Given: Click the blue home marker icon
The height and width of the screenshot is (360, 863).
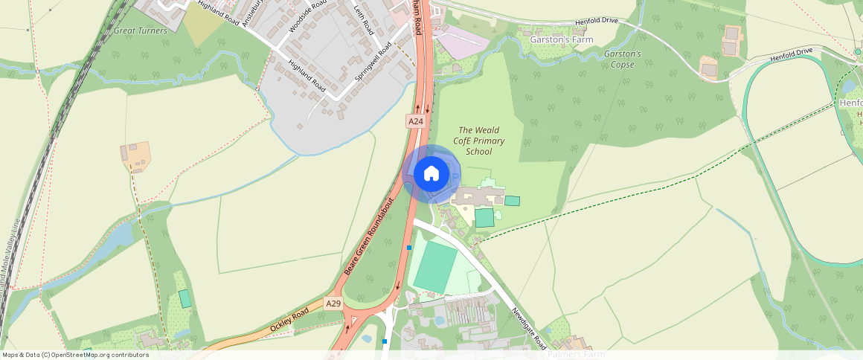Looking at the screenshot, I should [431, 174].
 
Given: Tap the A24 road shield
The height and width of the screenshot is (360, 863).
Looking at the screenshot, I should [415, 120].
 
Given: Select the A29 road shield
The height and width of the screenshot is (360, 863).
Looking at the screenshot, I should [333, 303].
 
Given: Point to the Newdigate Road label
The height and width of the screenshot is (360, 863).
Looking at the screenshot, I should [530, 327].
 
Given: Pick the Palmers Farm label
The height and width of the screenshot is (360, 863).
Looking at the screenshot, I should [577, 355].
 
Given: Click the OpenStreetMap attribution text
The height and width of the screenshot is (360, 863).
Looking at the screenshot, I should [75, 355].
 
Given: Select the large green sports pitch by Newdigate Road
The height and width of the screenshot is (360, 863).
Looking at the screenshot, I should [435, 268].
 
